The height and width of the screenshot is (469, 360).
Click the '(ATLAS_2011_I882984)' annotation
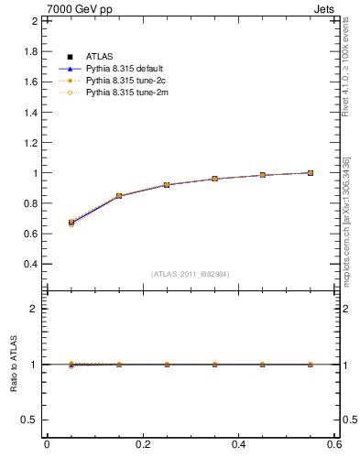point(191,274)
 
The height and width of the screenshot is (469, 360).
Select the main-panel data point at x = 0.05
point(71,223)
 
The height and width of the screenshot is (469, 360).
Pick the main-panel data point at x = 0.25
point(167,185)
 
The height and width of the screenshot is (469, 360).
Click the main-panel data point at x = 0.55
point(311,173)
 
